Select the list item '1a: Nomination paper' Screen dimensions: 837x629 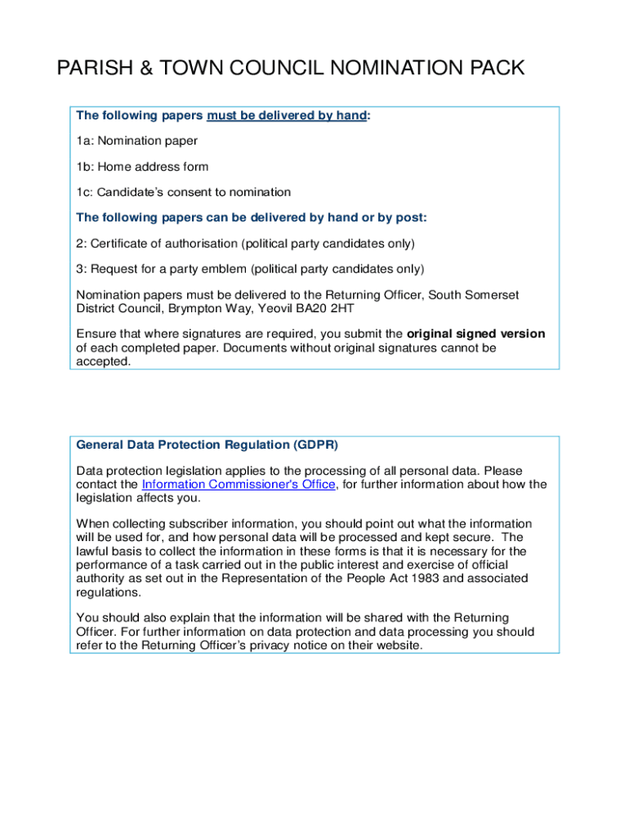click(x=136, y=141)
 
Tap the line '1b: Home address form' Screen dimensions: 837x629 click(x=142, y=167)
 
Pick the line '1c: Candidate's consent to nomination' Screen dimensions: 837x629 click(x=183, y=193)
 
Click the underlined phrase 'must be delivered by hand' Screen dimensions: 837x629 click(x=286, y=115)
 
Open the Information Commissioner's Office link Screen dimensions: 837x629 click(x=239, y=484)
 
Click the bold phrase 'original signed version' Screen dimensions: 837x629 click(x=476, y=333)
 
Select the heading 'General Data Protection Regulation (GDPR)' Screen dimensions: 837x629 click(x=207, y=445)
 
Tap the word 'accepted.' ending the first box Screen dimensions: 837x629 click(x=103, y=361)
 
